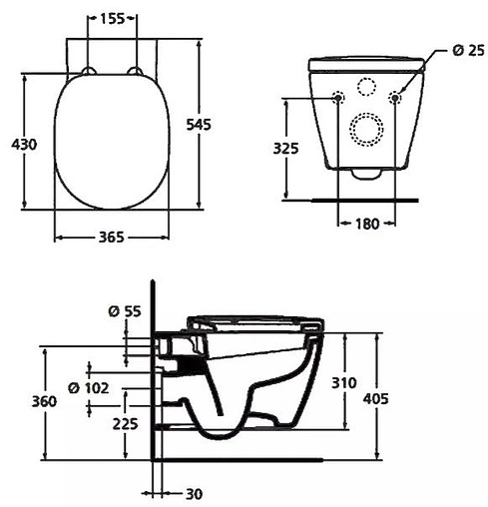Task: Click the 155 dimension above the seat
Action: [x=112, y=19]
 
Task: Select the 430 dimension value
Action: [x=24, y=145]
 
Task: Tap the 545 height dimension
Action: [x=199, y=124]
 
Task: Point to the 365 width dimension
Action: [x=111, y=238]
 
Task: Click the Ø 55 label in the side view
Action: [x=123, y=311]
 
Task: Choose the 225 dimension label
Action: [x=124, y=423]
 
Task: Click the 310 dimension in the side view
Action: [x=344, y=382]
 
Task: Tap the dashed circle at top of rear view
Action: [x=366, y=87]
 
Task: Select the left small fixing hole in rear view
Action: [x=336, y=98]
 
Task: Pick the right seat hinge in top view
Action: [x=135, y=70]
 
